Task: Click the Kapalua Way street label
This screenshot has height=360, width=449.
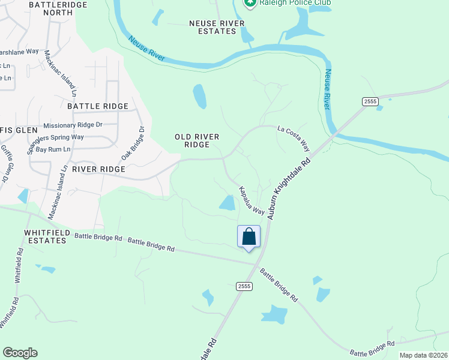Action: (252, 200)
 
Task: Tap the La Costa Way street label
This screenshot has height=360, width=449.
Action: (294, 137)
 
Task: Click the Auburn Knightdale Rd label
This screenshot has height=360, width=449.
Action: (289, 188)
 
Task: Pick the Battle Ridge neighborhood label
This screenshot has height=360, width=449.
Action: (98, 106)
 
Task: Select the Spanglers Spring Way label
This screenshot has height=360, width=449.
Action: (55, 137)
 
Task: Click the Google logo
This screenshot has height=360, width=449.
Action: (20, 353)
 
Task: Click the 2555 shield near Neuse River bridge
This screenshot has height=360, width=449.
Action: (370, 102)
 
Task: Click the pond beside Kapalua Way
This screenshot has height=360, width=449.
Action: (228, 203)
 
